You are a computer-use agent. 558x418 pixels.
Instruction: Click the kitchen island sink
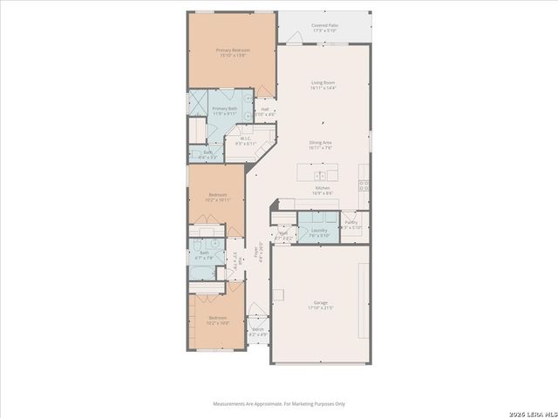(321, 172)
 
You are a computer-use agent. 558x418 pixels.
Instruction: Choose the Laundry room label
(319, 232)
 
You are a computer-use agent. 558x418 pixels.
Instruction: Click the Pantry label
(351, 225)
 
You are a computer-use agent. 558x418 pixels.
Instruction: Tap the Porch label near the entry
(258, 331)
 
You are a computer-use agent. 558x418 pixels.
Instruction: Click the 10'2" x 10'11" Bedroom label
(218, 197)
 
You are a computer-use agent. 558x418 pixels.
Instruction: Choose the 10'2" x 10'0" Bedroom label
(218, 320)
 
